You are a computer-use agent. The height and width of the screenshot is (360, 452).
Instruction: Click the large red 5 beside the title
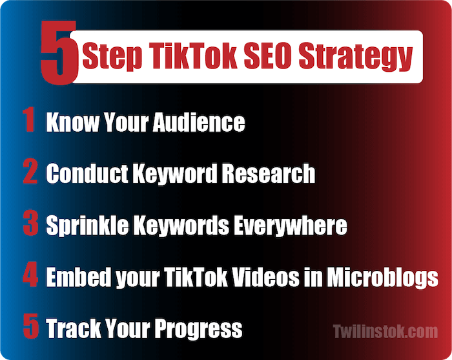pyautogui.click(x=59, y=53)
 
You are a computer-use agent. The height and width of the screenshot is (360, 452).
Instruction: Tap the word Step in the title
pyautogui.click(x=112, y=56)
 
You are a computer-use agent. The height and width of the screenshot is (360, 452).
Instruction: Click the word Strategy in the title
pyautogui.click(x=355, y=56)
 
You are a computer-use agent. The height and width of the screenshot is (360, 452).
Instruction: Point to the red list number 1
pyautogui.click(x=29, y=120)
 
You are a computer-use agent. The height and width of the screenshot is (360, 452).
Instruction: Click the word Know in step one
pyautogui.click(x=72, y=122)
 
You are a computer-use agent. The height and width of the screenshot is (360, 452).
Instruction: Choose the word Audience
pyautogui.click(x=199, y=122)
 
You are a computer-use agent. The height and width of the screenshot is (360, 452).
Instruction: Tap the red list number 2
pyautogui.click(x=30, y=171)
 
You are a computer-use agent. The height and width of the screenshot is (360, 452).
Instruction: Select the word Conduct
pyautogui.click(x=87, y=173)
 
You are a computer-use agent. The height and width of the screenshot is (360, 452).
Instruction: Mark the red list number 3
pyautogui.click(x=30, y=223)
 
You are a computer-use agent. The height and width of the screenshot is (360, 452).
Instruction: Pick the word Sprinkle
pyautogui.click(x=87, y=226)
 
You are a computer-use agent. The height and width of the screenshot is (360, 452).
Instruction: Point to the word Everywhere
pyautogui.click(x=291, y=226)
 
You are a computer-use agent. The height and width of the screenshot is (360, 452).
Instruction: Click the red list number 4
pyautogui.click(x=30, y=274)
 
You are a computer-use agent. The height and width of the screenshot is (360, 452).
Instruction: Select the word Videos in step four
pyautogui.click(x=266, y=277)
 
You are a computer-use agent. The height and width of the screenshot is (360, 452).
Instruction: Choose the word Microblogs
pyautogui.click(x=382, y=277)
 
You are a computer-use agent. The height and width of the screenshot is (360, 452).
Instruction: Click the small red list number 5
pyautogui.click(x=31, y=326)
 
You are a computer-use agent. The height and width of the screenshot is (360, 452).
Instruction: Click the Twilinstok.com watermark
pyautogui.click(x=385, y=331)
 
